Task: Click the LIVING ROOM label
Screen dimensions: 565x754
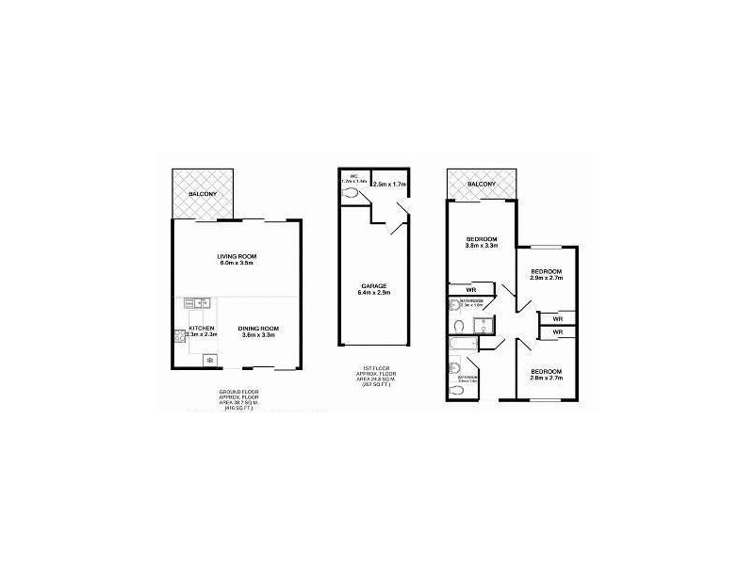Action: [237, 256]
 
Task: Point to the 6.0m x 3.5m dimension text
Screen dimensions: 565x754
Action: [237, 265]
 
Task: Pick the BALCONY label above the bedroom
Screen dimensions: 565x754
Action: [481, 184]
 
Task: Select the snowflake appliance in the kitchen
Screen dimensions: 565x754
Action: [208, 361]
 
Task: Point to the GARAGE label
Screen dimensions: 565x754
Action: [374, 285]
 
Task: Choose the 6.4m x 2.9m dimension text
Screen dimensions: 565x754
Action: [374, 293]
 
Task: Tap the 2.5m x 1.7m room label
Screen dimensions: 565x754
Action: [388, 185]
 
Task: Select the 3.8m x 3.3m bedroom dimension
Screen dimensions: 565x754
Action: [481, 247]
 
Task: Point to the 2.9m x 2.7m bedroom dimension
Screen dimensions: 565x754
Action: [546, 280]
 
